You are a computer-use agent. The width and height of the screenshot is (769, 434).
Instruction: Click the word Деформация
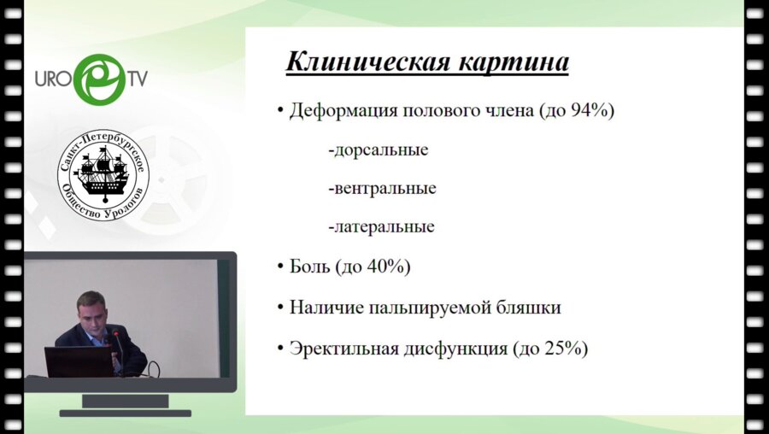coord(343,111)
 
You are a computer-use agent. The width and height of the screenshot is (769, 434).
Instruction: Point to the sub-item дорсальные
coord(379,150)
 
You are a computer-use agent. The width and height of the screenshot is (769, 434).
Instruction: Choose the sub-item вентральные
coord(382,188)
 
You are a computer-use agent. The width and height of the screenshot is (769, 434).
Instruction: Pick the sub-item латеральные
coord(381,227)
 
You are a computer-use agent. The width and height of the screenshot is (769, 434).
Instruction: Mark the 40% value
coord(386,267)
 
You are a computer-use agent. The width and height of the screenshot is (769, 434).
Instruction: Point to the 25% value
coord(564,349)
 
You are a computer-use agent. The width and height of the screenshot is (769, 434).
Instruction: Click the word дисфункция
coord(455,349)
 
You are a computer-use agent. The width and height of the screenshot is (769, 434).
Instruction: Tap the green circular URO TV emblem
coord(100,79)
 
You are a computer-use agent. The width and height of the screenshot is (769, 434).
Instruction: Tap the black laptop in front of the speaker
coord(79,361)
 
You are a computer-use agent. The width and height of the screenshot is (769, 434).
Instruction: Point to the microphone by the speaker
coord(118,349)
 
